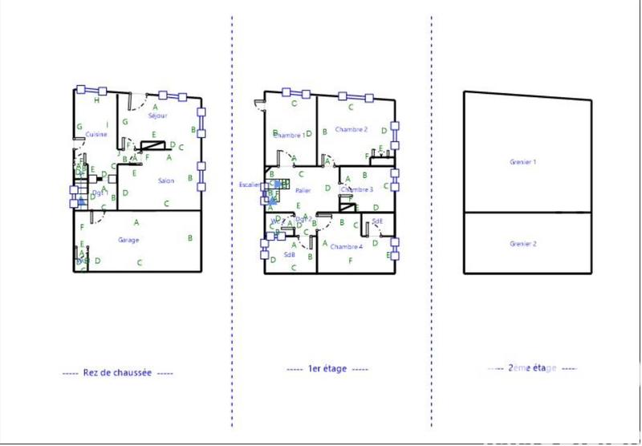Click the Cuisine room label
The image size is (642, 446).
point(97,134)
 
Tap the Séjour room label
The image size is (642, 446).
point(158,116)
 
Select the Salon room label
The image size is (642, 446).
point(166,180)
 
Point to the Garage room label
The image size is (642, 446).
point(128,240)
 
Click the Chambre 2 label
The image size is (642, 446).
point(351,129)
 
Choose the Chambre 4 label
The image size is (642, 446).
point(346,246)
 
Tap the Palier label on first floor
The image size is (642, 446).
point(303,190)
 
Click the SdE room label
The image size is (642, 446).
point(377,221)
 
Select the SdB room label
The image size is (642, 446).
point(290,255)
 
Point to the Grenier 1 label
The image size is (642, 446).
point(522,162)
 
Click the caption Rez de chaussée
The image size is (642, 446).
point(117,373)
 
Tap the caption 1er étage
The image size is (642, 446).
point(327,369)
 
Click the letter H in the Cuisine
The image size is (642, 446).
point(96,101)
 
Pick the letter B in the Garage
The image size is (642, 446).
point(189,237)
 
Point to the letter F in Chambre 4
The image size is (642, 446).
point(350,261)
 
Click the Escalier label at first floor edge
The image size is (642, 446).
point(250,185)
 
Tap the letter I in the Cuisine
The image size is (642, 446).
point(107,124)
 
